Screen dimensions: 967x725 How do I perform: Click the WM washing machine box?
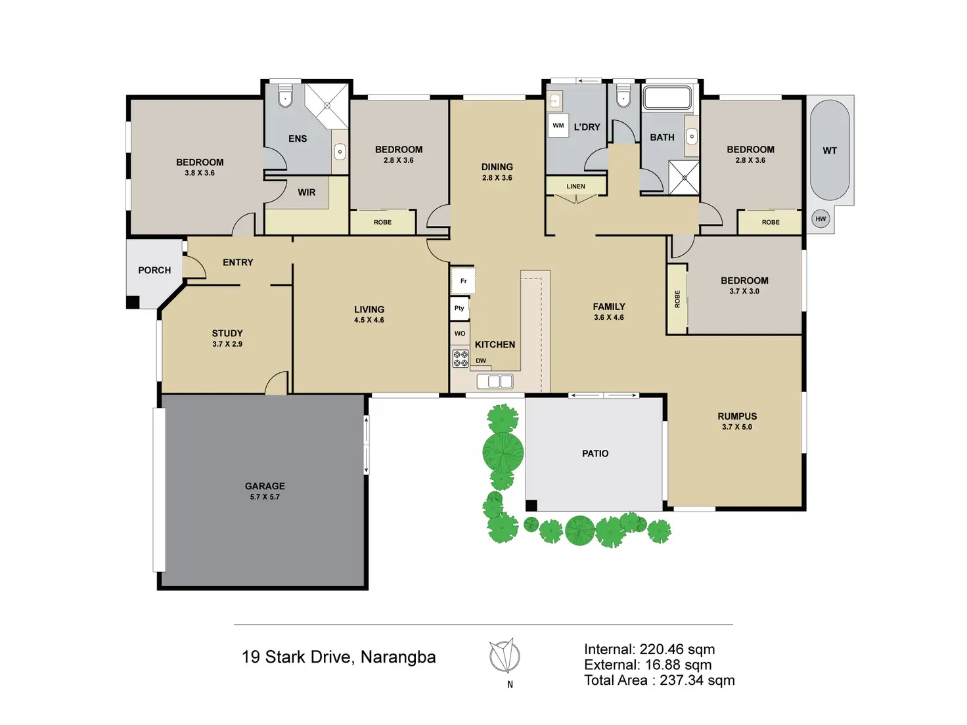pyautogui.click(x=558, y=126)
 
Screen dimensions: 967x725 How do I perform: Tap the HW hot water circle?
pyautogui.click(x=821, y=219)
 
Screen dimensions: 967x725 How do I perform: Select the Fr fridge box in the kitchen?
pyautogui.click(x=463, y=281)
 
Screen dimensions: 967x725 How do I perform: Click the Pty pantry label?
pyautogui.click(x=459, y=308)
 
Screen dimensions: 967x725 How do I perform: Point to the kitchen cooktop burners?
pyautogui.click(x=461, y=359)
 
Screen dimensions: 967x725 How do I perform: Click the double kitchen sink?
pyautogui.click(x=495, y=382)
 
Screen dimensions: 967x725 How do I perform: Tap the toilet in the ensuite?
pyautogui.click(x=285, y=98)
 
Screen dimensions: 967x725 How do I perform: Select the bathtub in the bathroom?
pyautogui.click(x=667, y=99)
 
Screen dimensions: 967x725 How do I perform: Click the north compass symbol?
pyautogui.click(x=505, y=656)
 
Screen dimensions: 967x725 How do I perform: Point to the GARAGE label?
pyautogui.click(x=265, y=486)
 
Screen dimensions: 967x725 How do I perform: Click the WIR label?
pyautogui.click(x=306, y=192)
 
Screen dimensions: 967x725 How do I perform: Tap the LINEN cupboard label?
pyautogui.click(x=575, y=187)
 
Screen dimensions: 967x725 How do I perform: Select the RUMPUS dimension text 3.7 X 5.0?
pyautogui.click(x=737, y=427)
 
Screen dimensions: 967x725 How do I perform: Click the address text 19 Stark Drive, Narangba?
pyautogui.click(x=338, y=657)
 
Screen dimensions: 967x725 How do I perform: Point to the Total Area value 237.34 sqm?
pyautogui.click(x=697, y=680)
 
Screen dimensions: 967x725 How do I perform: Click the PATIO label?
pyautogui.click(x=595, y=454)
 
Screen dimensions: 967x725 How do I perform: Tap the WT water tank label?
pyautogui.click(x=830, y=150)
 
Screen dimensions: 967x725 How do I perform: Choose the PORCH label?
pyautogui.click(x=154, y=270)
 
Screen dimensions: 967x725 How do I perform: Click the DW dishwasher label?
pyautogui.click(x=481, y=361)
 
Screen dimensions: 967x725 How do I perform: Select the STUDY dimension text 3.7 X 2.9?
pyautogui.click(x=227, y=344)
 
